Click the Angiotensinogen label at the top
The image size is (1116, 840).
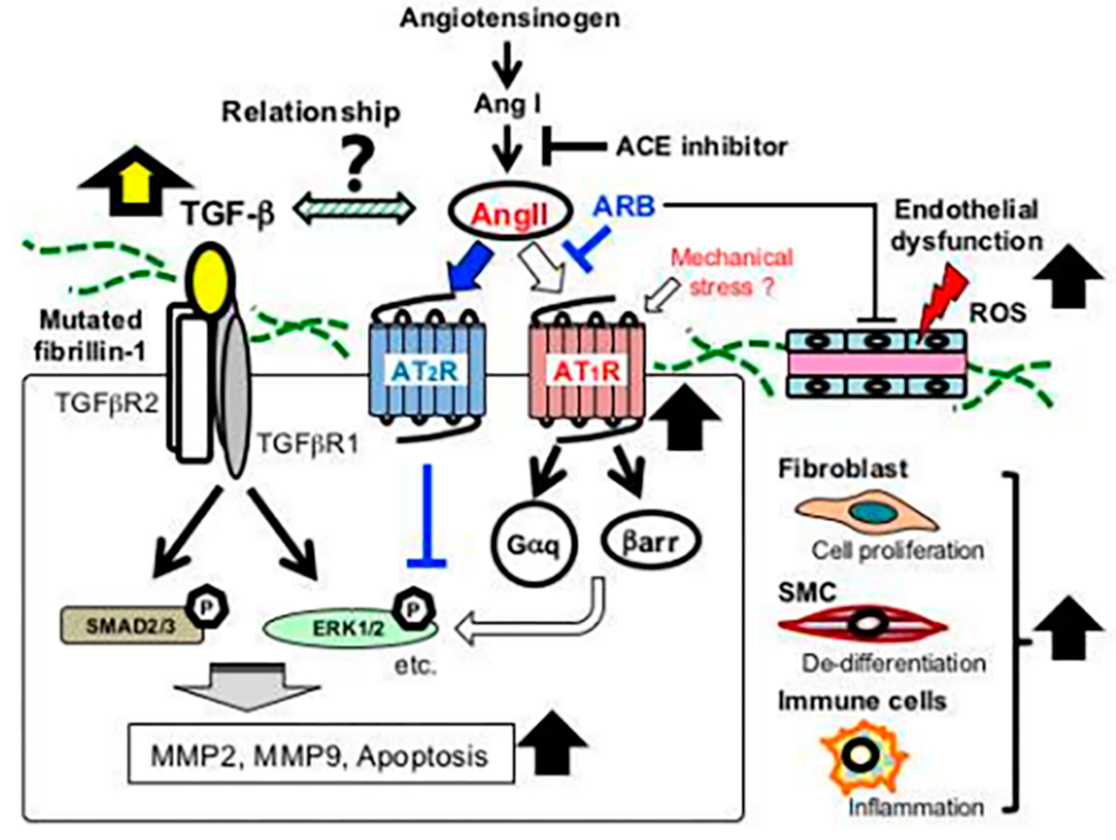[x=510, y=19]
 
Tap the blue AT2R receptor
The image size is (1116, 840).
[x=428, y=371]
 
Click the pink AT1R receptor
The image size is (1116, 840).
[x=586, y=371]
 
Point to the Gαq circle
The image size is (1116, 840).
[x=534, y=545]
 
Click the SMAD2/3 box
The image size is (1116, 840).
[x=132, y=626]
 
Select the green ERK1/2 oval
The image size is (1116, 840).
[x=351, y=628]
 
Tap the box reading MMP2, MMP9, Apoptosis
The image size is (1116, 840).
[x=321, y=754]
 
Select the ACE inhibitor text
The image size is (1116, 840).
[x=702, y=147]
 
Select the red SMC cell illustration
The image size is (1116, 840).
[x=863, y=625]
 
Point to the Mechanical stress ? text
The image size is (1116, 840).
[x=732, y=273]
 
